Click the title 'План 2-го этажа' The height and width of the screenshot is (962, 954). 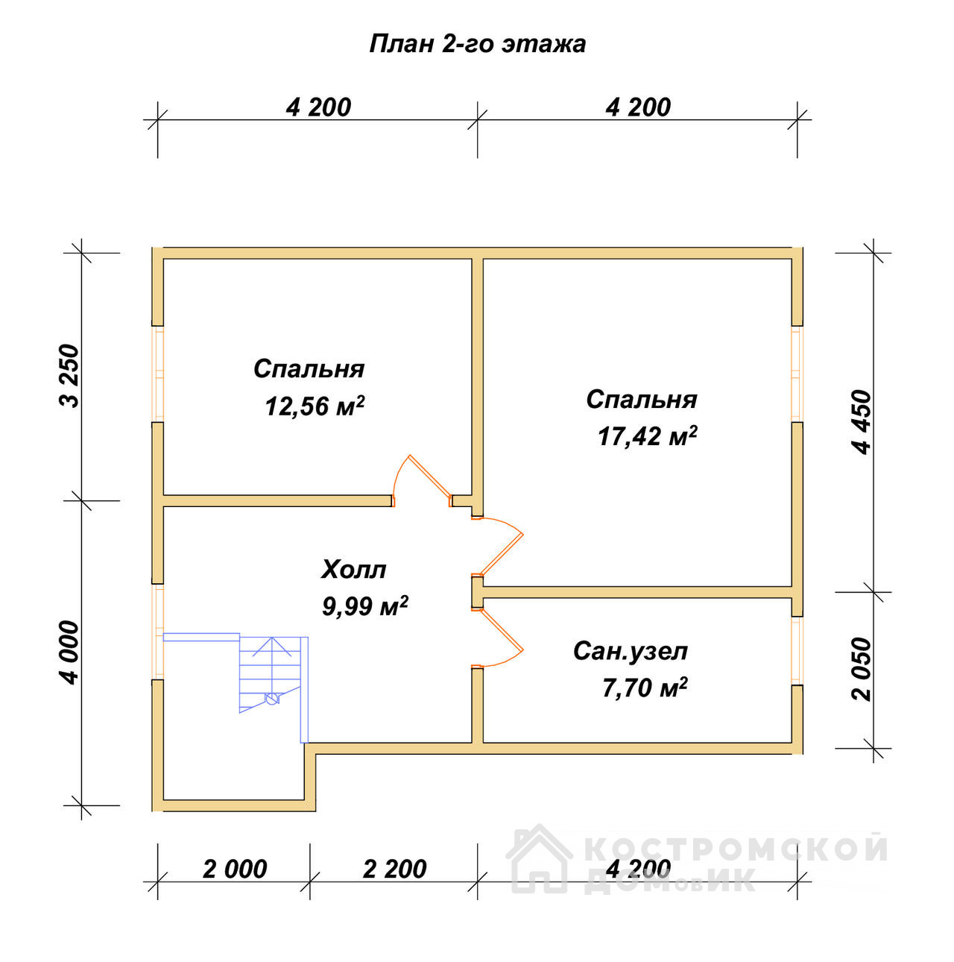click(x=477, y=45)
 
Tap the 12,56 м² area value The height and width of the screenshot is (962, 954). click(x=315, y=406)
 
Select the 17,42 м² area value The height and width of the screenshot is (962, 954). click(x=647, y=436)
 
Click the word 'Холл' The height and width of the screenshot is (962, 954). click(x=353, y=570)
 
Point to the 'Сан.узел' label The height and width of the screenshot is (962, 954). click(x=631, y=651)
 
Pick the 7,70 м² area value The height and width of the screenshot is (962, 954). click(x=645, y=688)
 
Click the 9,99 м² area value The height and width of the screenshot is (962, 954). click(x=365, y=606)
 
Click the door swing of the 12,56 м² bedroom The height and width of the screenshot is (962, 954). click(x=422, y=480)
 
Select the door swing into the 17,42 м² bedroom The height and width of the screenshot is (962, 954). click(x=499, y=547)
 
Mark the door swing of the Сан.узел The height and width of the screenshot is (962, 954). click(x=499, y=638)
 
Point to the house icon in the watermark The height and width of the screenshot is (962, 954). click(x=538, y=858)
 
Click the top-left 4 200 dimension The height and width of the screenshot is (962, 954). click(x=318, y=108)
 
